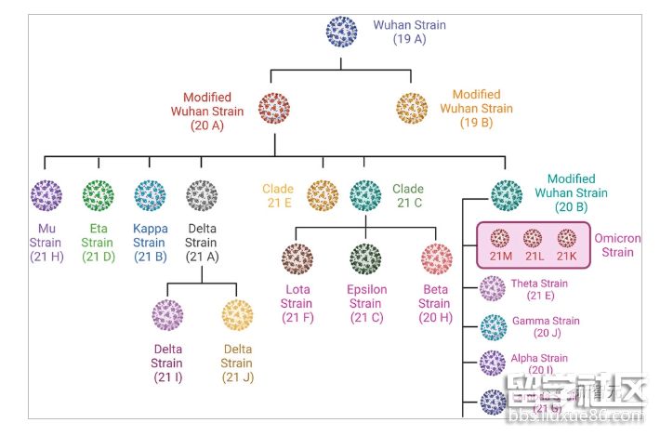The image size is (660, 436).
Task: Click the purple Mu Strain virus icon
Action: click(46, 196)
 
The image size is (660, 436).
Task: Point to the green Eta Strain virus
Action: click(98, 196)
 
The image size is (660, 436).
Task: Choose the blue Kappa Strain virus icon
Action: click(150, 196)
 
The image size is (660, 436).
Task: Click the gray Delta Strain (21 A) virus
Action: click(202, 196)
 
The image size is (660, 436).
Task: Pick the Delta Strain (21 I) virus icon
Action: click(168, 316)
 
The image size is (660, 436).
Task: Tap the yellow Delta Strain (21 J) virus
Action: click(237, 316)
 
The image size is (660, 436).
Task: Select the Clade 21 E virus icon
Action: click(322, 196)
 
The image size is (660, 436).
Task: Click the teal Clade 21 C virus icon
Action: click(365, 196)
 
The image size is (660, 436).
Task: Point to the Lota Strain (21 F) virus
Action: click(297, 259)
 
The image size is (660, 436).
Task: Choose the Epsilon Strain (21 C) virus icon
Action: click(365, 259)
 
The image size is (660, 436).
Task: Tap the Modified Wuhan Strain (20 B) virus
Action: click(507, 196)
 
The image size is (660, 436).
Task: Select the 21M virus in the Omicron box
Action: click(501, 239)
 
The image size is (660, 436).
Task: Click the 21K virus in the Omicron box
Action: click(567, 239)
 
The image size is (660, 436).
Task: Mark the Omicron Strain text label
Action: click(617, 245)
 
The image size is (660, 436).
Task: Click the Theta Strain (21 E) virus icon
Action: click(493, 289)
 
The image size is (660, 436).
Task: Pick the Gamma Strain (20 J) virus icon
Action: click(493, 326)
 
